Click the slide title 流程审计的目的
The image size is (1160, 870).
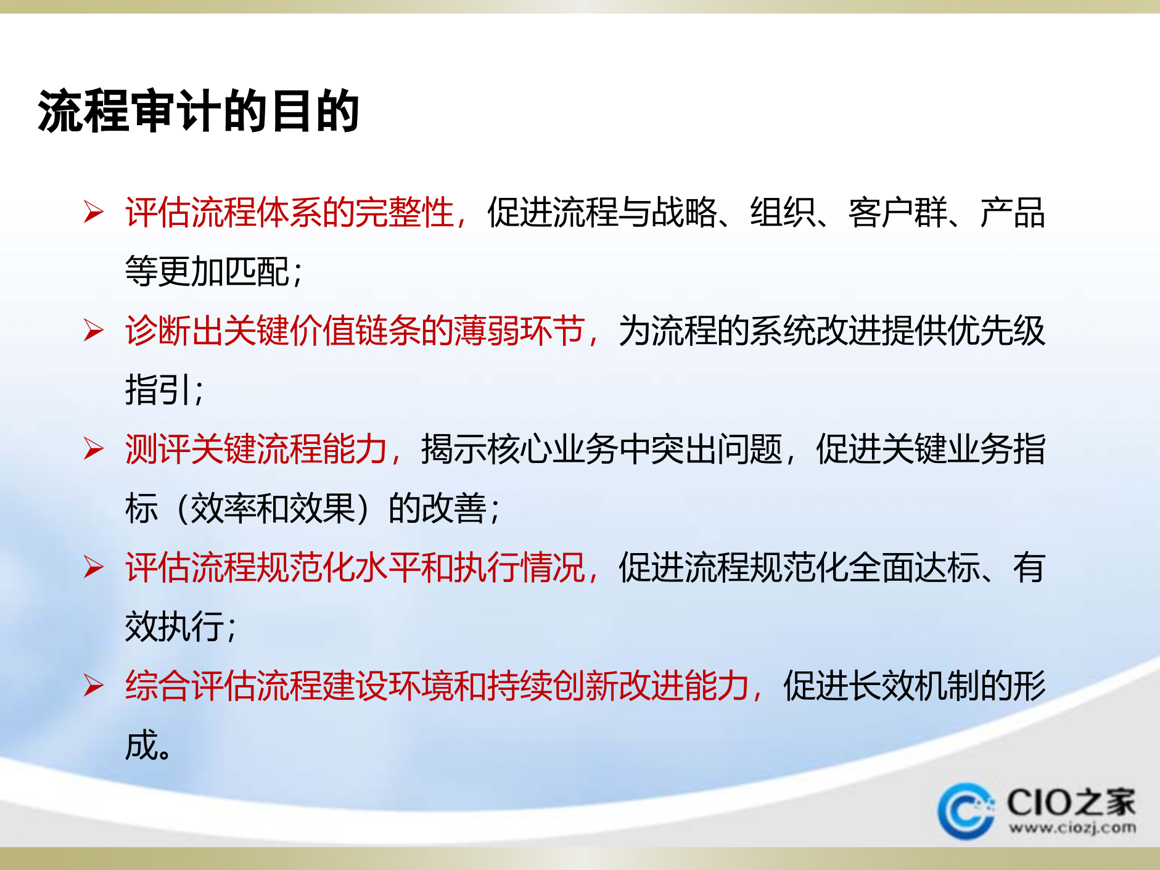pyautogui.click(x=199, y=111)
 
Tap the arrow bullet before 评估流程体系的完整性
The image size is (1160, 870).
pyautogui.click(x=94, y=212)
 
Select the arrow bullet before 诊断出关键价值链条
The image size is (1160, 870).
pyautogui.click(x=94, y=330)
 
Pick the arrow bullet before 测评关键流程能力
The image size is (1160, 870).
pyautogui.click(x=94, y=449)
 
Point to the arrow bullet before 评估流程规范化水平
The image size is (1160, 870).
pyautogui.click(x=94, y=567)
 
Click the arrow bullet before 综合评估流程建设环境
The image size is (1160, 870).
pyautogui.click(x=94, y=686)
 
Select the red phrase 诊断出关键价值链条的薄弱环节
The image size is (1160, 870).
pyautogui.click(x=355, y=330)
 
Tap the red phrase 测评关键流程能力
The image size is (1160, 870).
pyautogui.click(x=257, y=449)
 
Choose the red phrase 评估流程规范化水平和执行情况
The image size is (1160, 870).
pyautogui.click(x=355, y=567)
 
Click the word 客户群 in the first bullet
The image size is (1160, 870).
pyautogui.click(x=897, y=212)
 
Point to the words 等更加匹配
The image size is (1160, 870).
pyautogui.click(x=207, y=271)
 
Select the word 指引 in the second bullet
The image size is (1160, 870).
pyautogui.click(x=158, y=390)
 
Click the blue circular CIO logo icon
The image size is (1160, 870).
pyautogui.click(x=966, y=811)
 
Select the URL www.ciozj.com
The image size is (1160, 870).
pyautogui.click(x=1072, y=827)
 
